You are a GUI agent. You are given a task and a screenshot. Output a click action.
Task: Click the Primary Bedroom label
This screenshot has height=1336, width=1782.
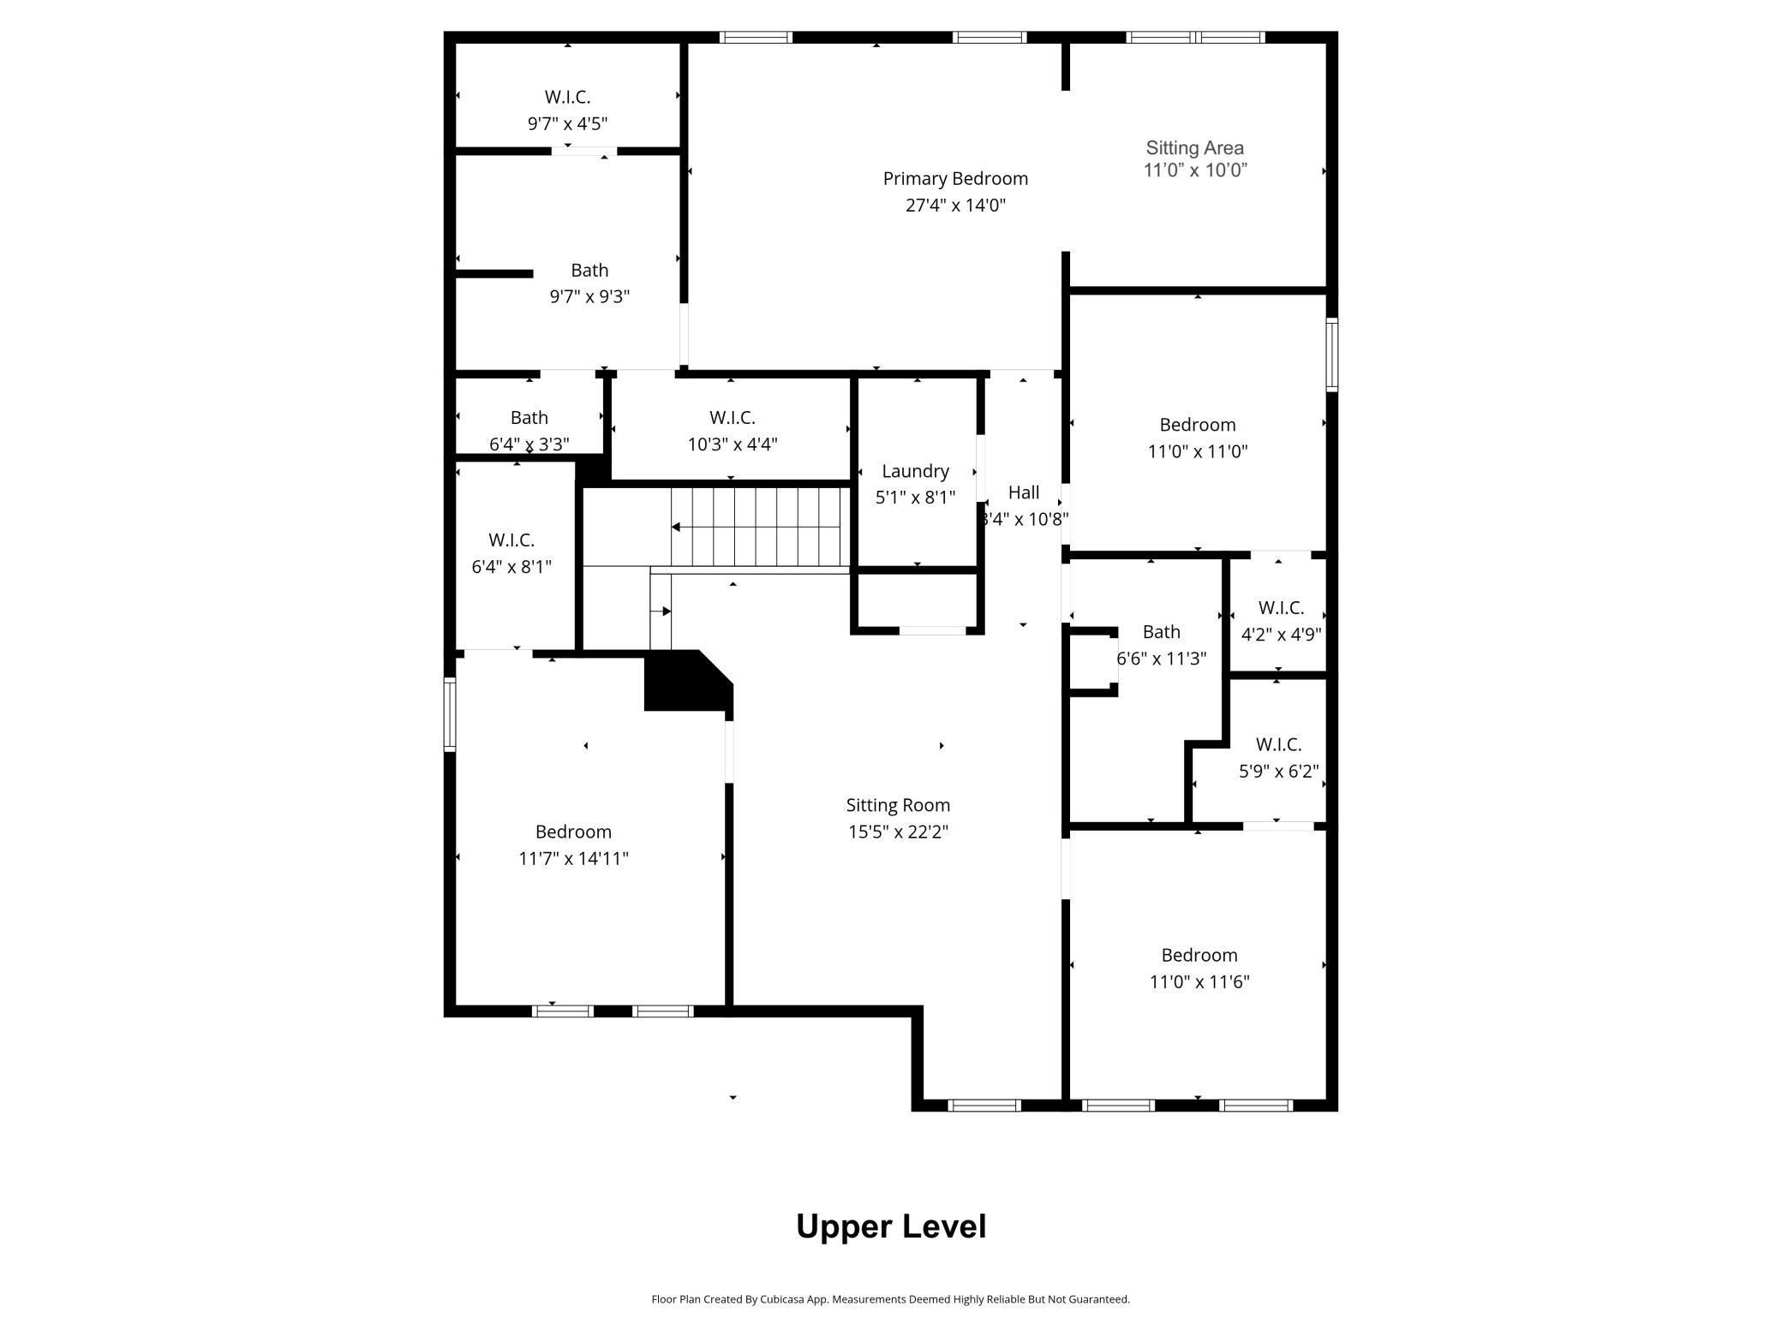[x=955, y=179]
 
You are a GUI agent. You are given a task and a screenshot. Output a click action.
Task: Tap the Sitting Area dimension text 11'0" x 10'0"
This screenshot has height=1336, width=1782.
[x=1195, y=170]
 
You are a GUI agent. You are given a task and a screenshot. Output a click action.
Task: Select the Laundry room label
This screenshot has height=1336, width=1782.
[x=915, y=471]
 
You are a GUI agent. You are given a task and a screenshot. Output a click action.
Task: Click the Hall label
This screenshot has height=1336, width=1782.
[x=1024, y=492]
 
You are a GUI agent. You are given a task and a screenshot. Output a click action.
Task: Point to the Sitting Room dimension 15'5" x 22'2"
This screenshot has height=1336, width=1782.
[x=898, y=832]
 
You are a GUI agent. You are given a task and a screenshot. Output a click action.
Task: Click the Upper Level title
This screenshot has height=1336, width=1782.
[x=891, y=1226]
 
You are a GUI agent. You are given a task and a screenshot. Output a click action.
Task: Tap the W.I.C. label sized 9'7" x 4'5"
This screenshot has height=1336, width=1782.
[x=567, y=97]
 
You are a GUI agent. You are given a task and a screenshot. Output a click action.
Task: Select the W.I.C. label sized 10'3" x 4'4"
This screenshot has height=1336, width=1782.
[x=732, y=418]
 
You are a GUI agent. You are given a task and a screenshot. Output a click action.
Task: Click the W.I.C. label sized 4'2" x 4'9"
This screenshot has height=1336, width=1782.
[x=1281, y=608]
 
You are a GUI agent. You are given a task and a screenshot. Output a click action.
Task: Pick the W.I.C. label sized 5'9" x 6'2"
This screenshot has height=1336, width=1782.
[x=1278, y=745]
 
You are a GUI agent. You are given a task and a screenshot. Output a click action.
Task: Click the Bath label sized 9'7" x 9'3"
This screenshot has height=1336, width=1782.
[x=589, y=271]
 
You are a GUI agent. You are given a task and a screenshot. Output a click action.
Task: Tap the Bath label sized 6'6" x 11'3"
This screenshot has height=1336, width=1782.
[x=1161, y=632]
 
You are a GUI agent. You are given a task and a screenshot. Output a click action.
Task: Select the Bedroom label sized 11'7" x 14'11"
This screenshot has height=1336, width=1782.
[x=573, y=832]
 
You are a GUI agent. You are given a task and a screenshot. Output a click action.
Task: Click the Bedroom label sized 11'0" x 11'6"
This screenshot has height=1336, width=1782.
[x=1199, y=955]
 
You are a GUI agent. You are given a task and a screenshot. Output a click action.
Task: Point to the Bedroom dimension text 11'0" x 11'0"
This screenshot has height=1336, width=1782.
[x=1198, y=451]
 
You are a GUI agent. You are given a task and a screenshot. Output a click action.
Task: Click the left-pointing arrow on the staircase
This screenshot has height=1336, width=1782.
[x=676, y=527]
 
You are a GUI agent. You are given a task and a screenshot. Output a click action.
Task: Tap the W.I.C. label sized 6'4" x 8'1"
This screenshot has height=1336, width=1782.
[x=511, y=540]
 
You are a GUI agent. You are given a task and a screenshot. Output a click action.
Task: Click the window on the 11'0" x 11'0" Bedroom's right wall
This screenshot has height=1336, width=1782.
[x=1331, y=355]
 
